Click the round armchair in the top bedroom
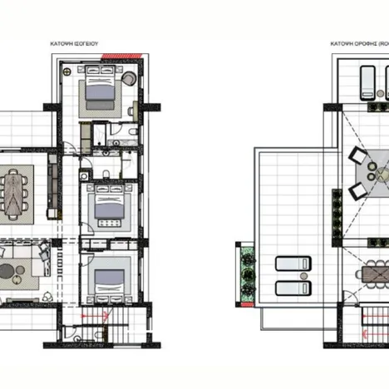130,79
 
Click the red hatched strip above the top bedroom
110,57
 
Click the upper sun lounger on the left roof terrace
292,264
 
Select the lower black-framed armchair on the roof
357,191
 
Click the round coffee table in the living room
7,269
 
